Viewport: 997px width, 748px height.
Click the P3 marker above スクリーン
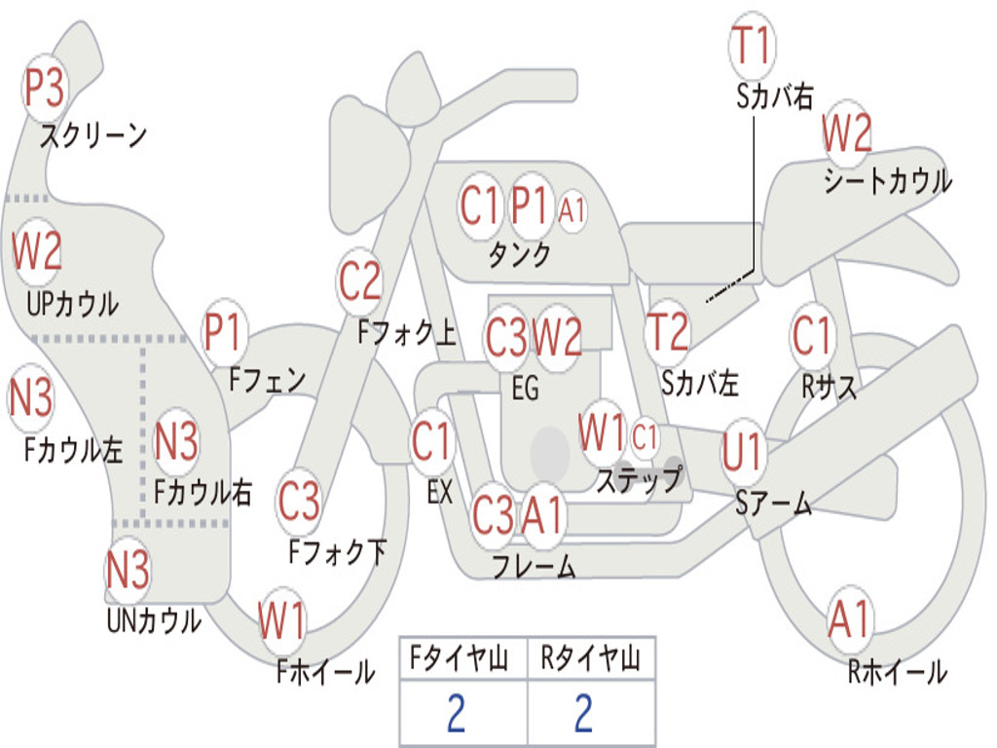pos(44,89)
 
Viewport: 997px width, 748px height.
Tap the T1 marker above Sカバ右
pos(751,46)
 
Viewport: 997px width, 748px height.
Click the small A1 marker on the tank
pos(572,207)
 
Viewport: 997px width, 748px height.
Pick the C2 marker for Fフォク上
pos(360,281)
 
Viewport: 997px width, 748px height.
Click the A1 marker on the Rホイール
pos(850,619)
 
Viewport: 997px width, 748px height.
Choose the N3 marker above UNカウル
pos(128,569)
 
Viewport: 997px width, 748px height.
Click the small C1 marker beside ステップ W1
pos(646,437)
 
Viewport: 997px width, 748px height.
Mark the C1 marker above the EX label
pos(431,443)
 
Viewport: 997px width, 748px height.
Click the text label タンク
pos(519,255)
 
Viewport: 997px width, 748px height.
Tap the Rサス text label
pos(829,387)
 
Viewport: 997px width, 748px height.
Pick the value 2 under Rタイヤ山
pos(584,714)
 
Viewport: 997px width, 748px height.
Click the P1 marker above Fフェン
pos(225,333)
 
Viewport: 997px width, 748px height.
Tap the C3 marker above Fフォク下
pos(299,501)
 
